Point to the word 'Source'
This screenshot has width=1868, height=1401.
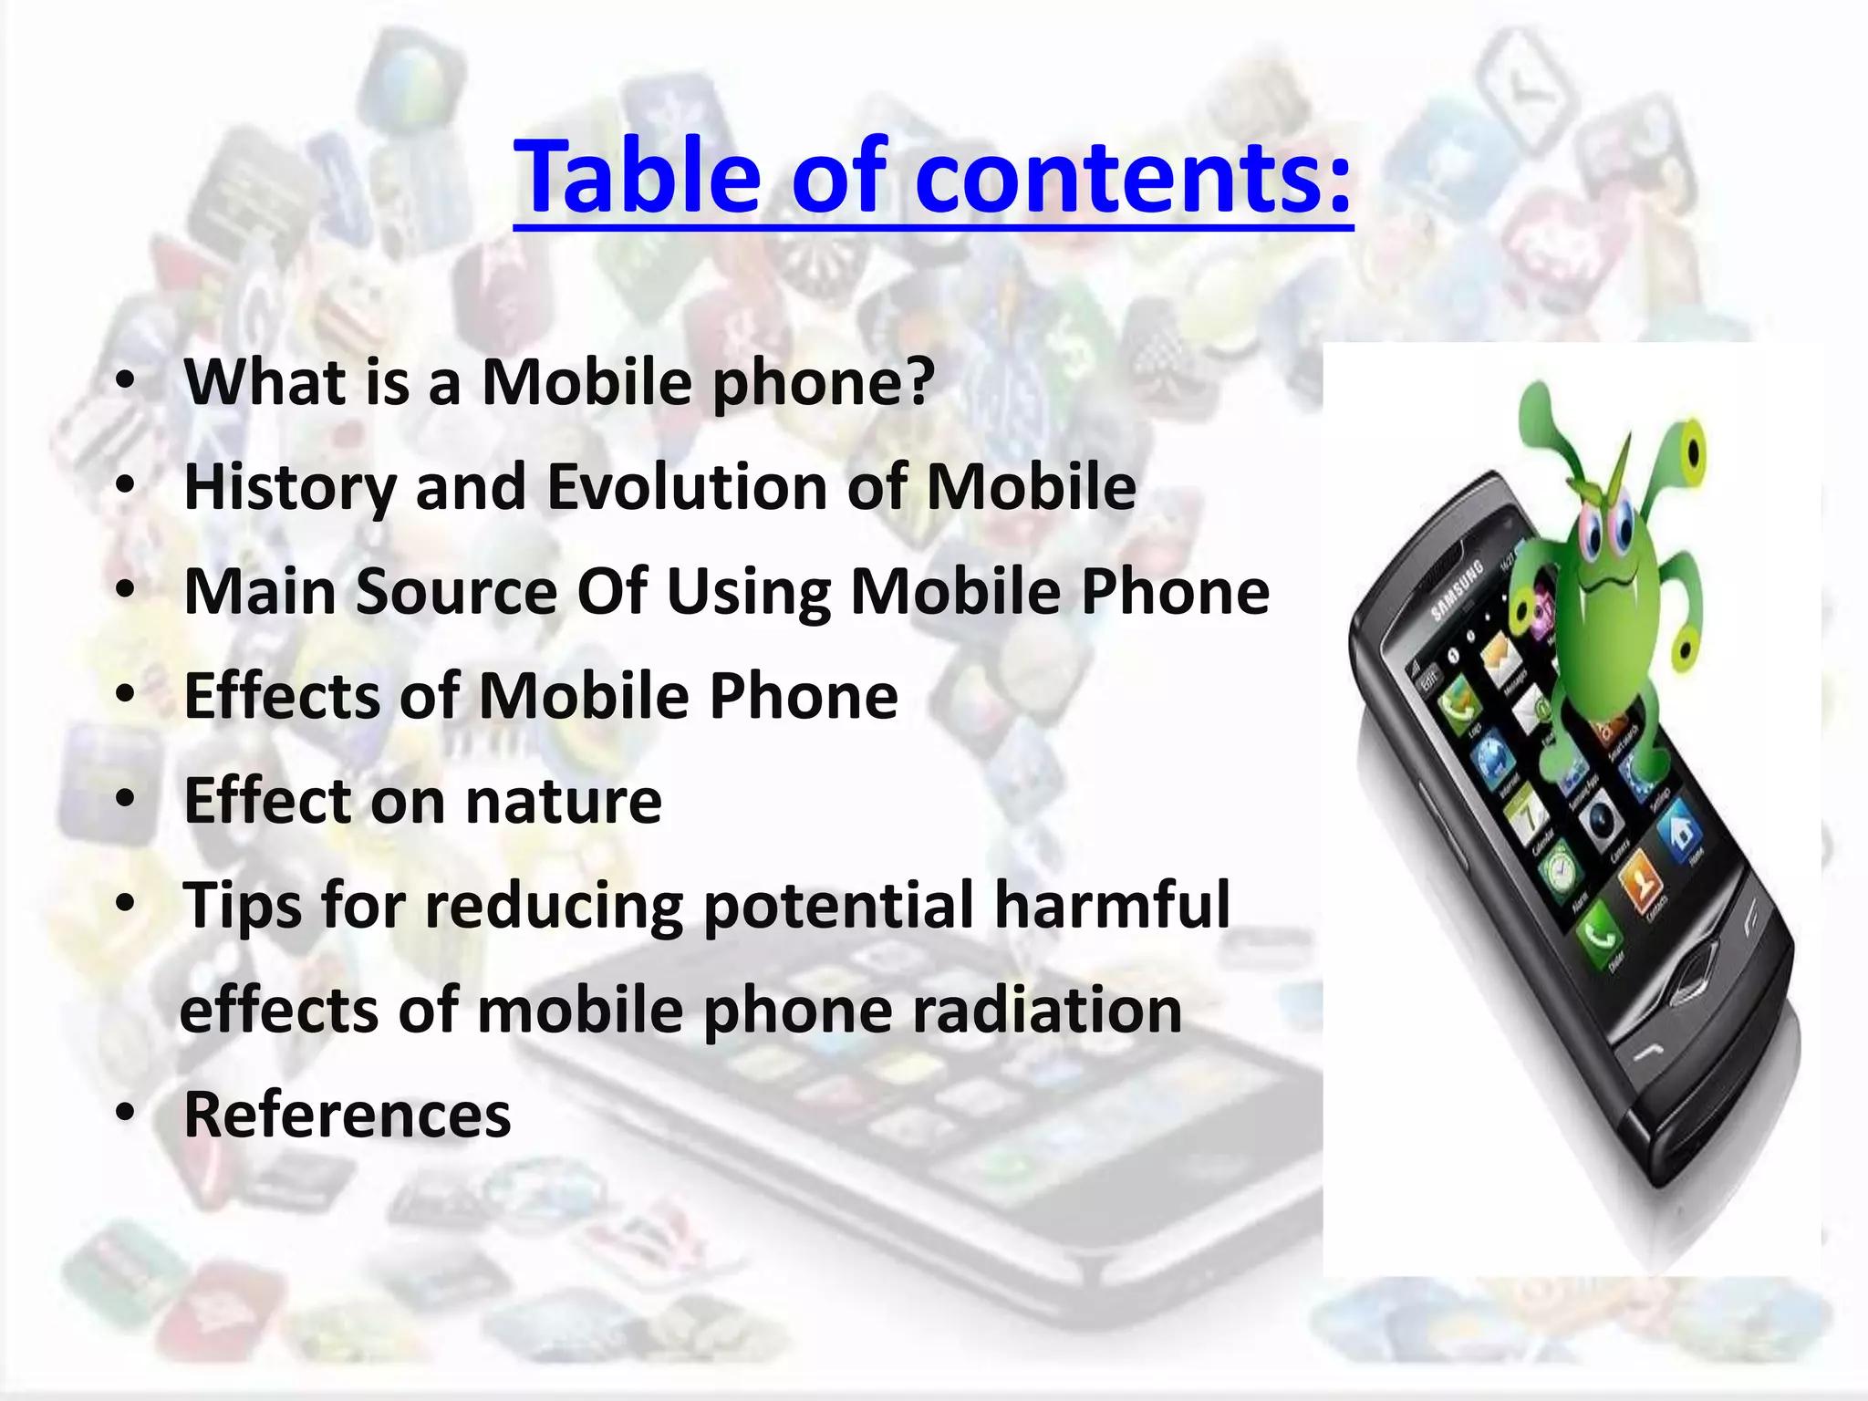click(x=456, y=591)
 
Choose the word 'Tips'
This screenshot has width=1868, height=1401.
click(x=242, y=907)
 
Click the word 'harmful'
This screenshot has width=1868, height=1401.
click(x=1112, y=905)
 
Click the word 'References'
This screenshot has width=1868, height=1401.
click(x=348, y=1115)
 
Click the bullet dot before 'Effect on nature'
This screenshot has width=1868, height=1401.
click(x=126, y=800)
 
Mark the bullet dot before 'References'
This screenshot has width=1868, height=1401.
click(x=126, y=1114)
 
